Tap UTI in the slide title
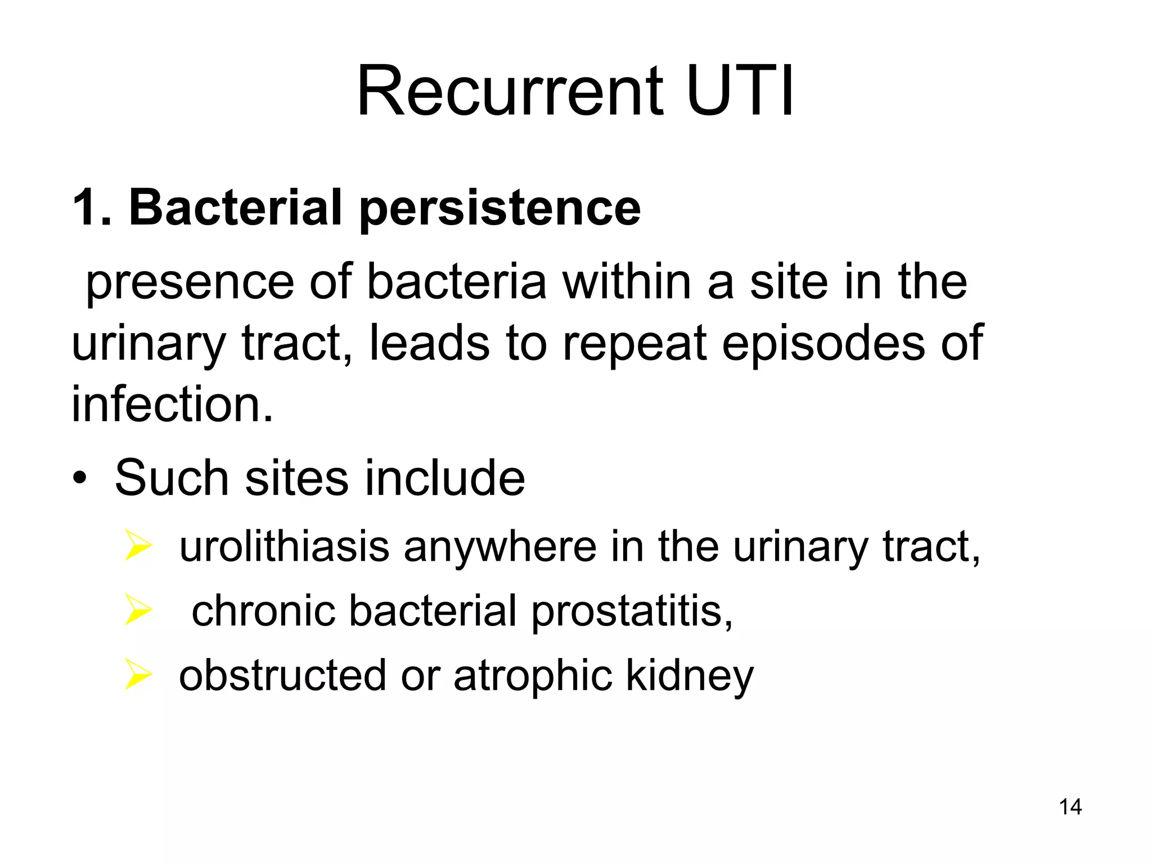pos(739,91)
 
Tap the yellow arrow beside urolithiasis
pos(138,545)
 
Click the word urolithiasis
pos(284,546)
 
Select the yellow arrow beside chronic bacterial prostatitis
pos(138,610)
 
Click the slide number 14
pos(1070,807)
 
